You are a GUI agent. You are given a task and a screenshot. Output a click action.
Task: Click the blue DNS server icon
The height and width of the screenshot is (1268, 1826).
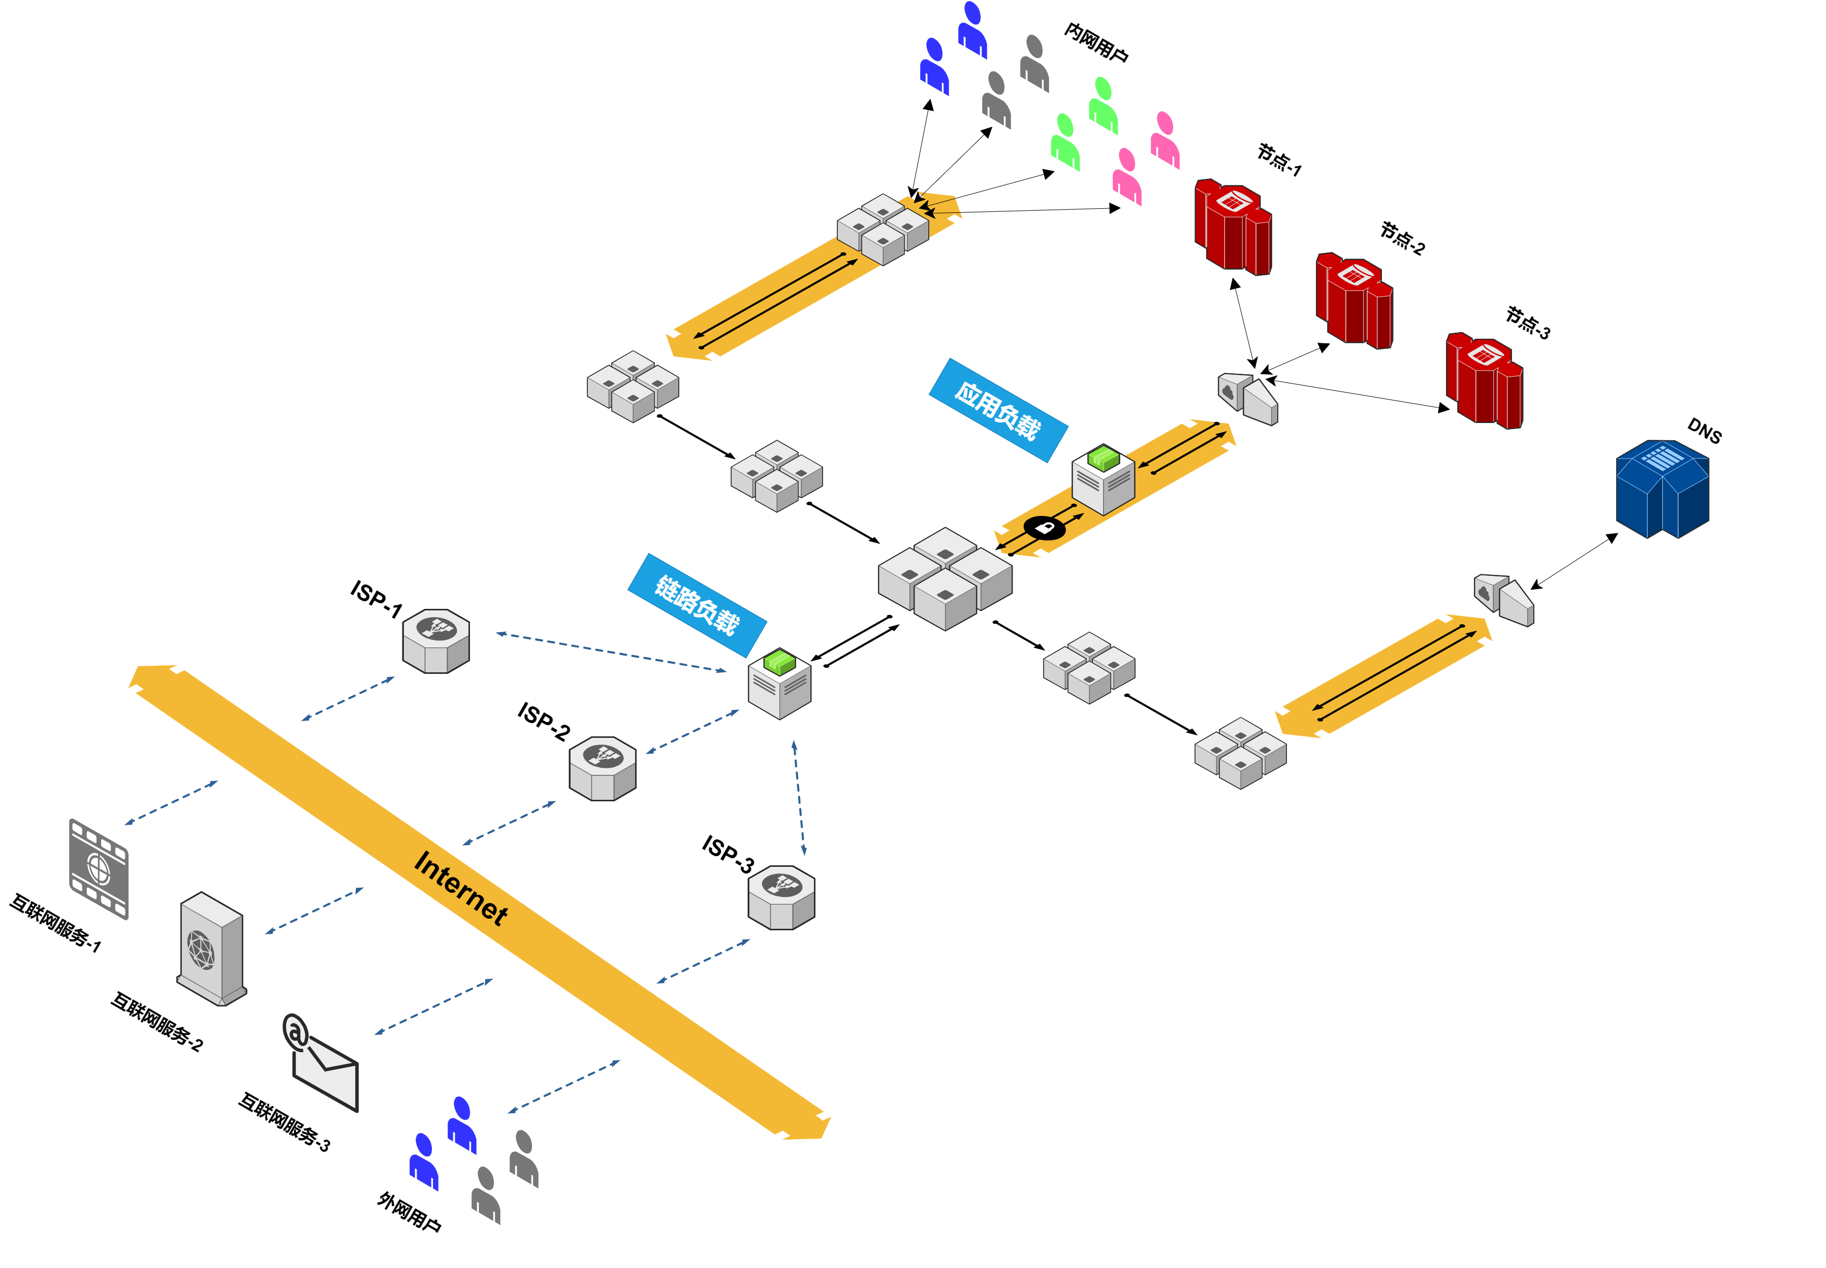click(x=1662, y=489)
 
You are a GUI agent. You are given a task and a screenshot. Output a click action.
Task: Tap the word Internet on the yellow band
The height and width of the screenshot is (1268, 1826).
click(x=461, y=888)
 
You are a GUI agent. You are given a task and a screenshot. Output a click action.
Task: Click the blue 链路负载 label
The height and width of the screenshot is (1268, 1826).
click(x=697, y=605)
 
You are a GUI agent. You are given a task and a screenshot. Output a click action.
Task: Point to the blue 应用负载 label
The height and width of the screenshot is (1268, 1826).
click(x=998, y=410)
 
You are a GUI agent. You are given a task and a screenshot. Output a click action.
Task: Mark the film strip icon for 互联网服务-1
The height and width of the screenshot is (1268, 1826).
click(x=99, y=869)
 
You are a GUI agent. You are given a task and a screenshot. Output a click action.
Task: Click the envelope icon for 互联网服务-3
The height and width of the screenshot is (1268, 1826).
click(x=322, y=1064)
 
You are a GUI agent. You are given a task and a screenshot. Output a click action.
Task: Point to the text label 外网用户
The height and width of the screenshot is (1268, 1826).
click(x=410, y=1212)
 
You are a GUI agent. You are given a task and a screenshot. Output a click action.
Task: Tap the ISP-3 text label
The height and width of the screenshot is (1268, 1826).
click(x=728, y=854)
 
